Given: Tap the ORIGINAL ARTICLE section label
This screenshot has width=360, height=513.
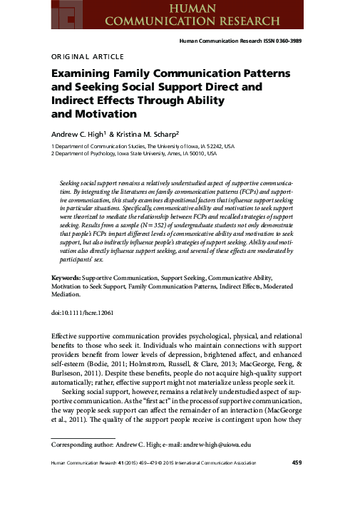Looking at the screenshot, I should [87, 56].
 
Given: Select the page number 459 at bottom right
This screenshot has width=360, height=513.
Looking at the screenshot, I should [299, 464].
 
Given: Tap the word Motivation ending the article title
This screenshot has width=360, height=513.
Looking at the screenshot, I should [96, 114].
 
